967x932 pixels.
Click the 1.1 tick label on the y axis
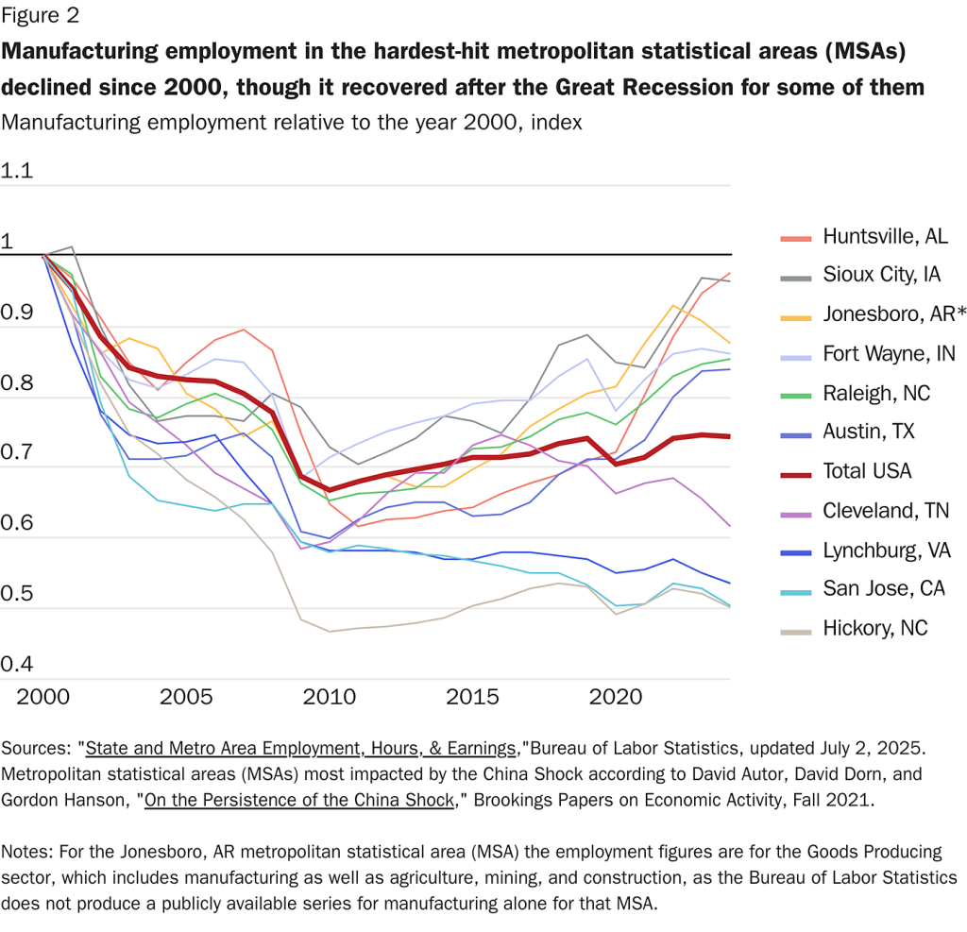click(x=17, y=172)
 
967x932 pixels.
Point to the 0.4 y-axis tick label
click(x=17, y=665)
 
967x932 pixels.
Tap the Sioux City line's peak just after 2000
click(x=72, y=247)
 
